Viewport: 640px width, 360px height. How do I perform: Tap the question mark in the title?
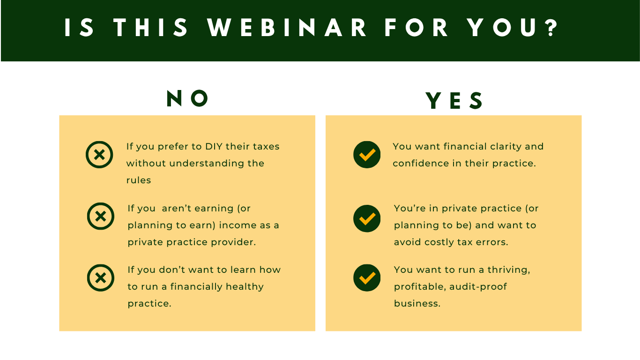pyautogui.click(x=551, y=28)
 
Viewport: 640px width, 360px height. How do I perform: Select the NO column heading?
pyautogui.click(x=187, y=98)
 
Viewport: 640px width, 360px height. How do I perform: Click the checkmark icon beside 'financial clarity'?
pyautogui.click(x=367, y=155)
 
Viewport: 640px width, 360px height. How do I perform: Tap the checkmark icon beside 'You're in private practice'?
pyautogui.click(x=367, y=219)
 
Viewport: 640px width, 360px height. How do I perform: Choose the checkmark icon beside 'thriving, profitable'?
pyautogui.click(x=367, y=278)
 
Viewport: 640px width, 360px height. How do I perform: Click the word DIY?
pyautogui.click(x=214, y=146)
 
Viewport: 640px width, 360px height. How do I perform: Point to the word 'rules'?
pyautogui.click(x=139, y=180)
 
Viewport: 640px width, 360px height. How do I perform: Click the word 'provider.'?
pyautogui.click(x=233, y=242)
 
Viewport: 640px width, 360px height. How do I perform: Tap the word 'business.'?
pyautogui.click(x=417, y=303)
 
